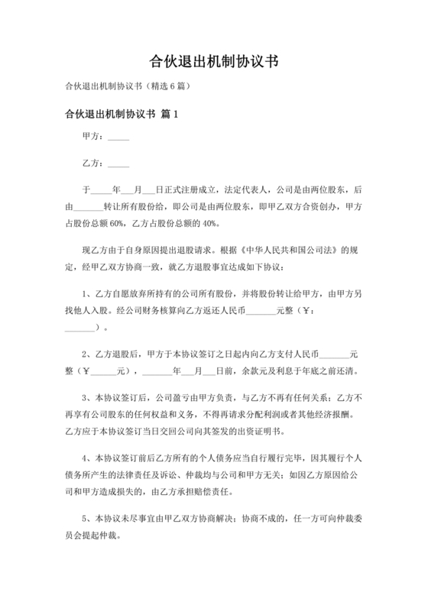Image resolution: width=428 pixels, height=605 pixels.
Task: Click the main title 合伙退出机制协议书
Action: (x=213, y=60)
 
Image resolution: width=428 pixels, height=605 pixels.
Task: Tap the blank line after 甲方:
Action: (x=118, y=138)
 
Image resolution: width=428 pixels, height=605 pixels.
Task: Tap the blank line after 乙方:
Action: (x=118, y=164)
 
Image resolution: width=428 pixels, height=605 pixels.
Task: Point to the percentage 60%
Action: (x=117, y=223)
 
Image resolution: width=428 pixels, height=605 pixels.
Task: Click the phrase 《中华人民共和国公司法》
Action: (x=294, y=250)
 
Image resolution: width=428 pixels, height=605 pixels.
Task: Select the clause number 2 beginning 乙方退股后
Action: (x=85, y=354)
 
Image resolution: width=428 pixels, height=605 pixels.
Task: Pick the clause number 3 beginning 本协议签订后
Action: (x=85, y=397)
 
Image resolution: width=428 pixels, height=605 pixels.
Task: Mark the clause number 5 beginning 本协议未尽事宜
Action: (x=85, y=516)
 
